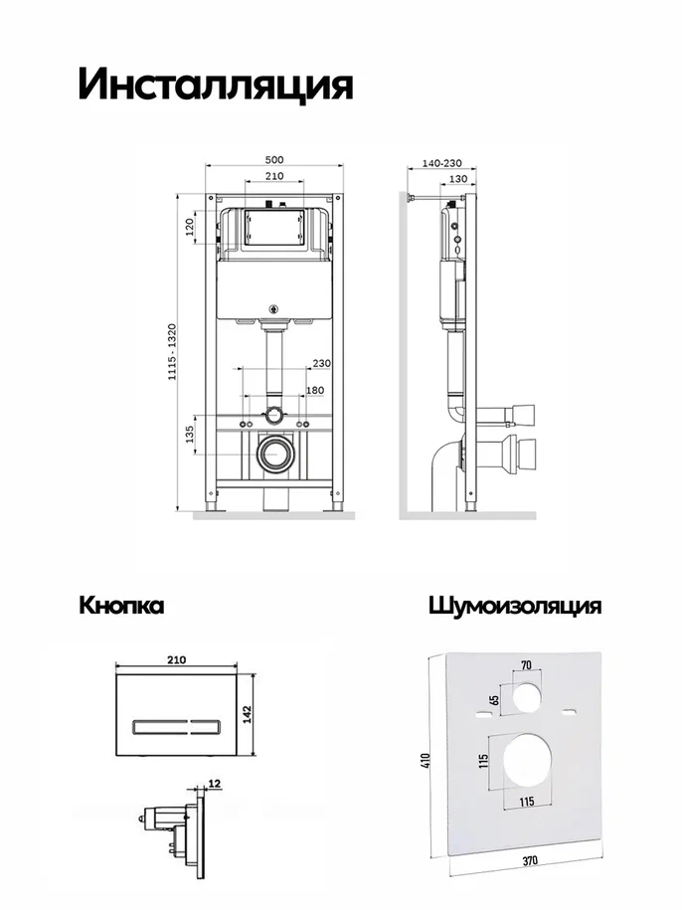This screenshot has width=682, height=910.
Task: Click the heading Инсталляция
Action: (216, 86)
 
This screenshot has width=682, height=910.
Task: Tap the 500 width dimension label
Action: (274, 159)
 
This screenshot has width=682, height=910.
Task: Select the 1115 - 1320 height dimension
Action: (172, 352)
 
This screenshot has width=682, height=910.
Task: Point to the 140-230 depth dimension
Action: (441, 164)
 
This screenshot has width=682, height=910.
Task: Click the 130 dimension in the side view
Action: (458, 179)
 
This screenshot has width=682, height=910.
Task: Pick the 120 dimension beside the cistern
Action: (189, 228)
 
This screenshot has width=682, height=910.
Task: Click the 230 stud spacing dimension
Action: (322, 363)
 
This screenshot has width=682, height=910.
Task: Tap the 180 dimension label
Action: (315, 391)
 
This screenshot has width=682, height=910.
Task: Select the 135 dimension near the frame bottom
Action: (190, 434)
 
